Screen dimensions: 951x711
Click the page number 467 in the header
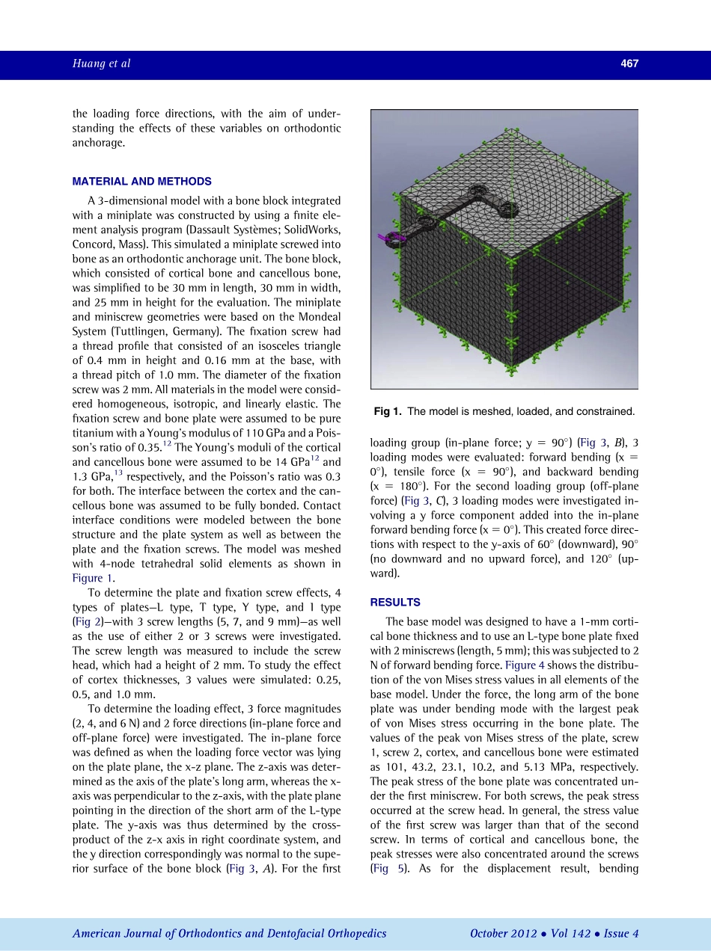pos(629,64)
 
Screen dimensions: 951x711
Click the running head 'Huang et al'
pos(101,64)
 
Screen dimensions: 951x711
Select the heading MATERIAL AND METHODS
pos(141,182)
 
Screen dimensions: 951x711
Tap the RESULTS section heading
pos(395,602)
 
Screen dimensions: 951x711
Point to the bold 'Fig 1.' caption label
pos(388,411)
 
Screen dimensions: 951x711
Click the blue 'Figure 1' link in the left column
pos(93,578)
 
